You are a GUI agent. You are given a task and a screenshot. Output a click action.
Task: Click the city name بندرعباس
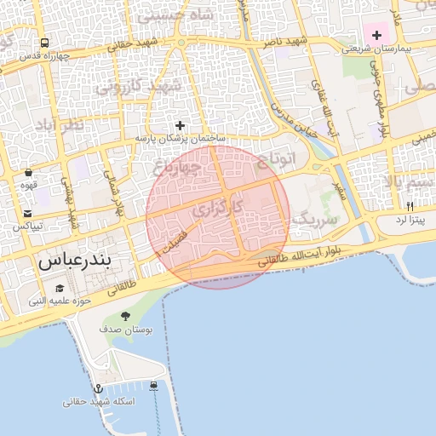coord(76,261)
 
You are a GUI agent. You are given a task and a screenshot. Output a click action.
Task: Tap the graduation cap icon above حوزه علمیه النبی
coord(60,287)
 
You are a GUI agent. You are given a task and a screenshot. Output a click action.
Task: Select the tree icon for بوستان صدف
coord(126,316)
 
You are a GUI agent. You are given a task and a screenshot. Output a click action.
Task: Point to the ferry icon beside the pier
coord(153,386)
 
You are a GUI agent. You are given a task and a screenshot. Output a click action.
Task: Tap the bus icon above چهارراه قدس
coord(44,43)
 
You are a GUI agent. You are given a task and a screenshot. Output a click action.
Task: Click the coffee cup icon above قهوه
coord(28,171)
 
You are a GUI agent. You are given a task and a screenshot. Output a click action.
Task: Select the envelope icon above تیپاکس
coord(28,214)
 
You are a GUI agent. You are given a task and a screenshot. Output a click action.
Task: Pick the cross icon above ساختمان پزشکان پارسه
coord(180,125)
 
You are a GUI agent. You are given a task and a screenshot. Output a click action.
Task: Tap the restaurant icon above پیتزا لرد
coord(410,206)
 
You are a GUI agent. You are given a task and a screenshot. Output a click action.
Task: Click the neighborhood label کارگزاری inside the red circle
coord(216,207)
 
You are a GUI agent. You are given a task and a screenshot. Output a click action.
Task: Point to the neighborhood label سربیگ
coord(315,219)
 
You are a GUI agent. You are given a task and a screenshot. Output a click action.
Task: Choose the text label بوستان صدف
coord(125,329)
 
